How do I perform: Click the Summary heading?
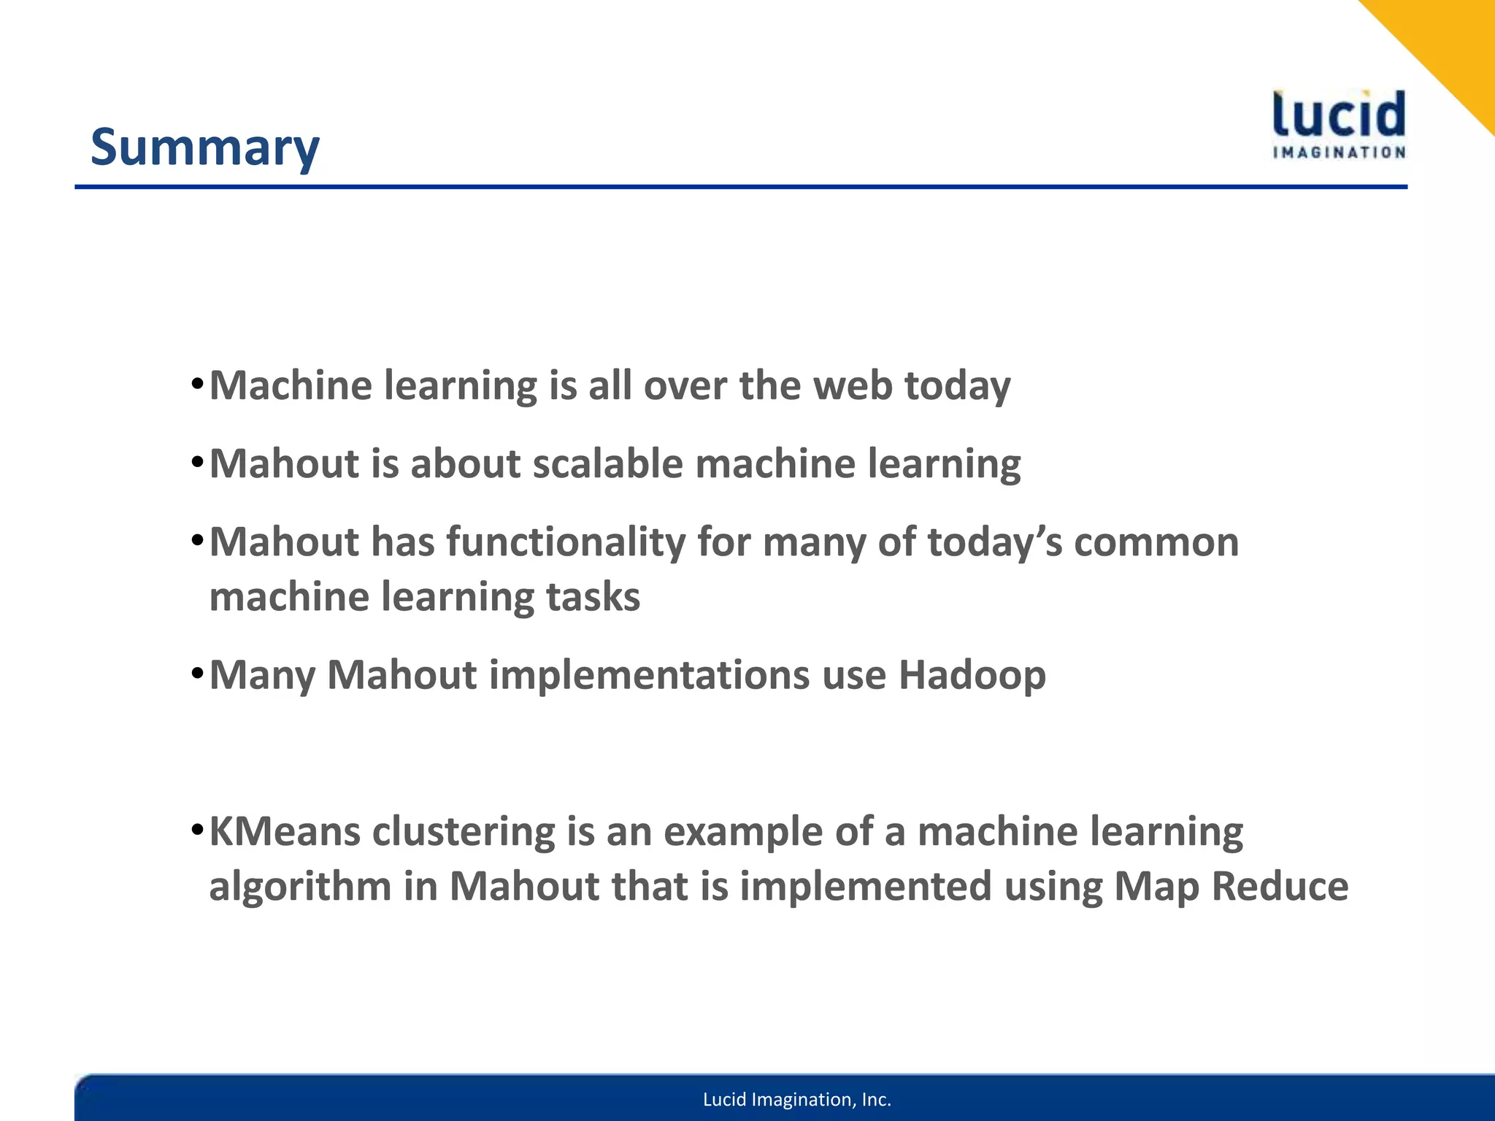coord(204,147)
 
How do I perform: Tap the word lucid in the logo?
coord(1339,116)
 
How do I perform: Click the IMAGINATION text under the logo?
coord(1339,153)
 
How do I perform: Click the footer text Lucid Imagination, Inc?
coord(796,1099)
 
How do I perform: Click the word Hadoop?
coord(972,675)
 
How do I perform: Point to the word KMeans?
coord(285,831)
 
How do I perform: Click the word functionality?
coord(566,542)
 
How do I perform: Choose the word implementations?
coord(649,675)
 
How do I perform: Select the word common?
coord(1156,542)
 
